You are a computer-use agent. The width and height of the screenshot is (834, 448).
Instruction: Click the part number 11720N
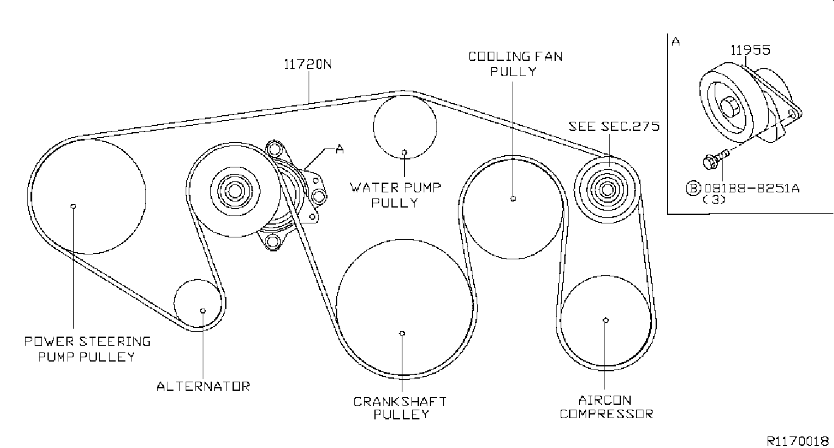307,65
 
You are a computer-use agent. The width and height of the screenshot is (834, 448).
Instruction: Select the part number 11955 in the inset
750,50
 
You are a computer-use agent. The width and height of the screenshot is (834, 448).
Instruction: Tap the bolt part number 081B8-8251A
752,188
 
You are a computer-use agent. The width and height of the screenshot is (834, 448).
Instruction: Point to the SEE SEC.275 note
614,127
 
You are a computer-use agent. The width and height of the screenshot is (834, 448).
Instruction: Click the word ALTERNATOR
203,386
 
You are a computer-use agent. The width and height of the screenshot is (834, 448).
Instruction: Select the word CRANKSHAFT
400,402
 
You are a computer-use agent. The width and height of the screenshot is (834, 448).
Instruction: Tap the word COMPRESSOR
606,414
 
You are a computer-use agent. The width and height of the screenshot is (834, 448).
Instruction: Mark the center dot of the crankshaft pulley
402,334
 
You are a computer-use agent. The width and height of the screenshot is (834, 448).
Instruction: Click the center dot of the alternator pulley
203,310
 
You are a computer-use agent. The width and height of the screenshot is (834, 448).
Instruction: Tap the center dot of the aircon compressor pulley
606,320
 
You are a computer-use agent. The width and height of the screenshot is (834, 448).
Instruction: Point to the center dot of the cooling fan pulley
513,198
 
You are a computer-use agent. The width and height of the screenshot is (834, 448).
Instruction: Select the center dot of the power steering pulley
73,206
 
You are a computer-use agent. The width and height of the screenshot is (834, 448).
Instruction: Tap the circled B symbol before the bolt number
693,188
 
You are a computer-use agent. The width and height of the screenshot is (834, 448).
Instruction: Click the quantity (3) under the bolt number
714,200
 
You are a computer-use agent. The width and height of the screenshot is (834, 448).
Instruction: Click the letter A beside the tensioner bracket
340,149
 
